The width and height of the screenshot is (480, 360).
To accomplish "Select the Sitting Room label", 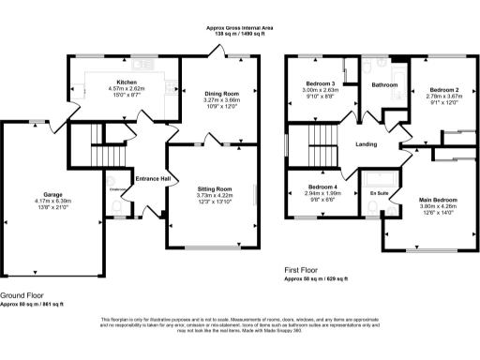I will [x=215, y=188].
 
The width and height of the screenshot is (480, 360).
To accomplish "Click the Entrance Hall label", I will [x=153, y=178].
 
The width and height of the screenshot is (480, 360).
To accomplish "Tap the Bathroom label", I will [x=385, y=85].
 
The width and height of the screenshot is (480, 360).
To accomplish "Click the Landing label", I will [x=366, y=144].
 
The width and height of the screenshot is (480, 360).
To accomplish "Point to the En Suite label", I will [x=379, y=192].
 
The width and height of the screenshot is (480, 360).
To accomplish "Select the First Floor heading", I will [x=306, y=270].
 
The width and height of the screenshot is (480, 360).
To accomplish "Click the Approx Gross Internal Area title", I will [x=241, y=28].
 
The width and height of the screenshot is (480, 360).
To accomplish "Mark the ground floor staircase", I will [x=104, y=149].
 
